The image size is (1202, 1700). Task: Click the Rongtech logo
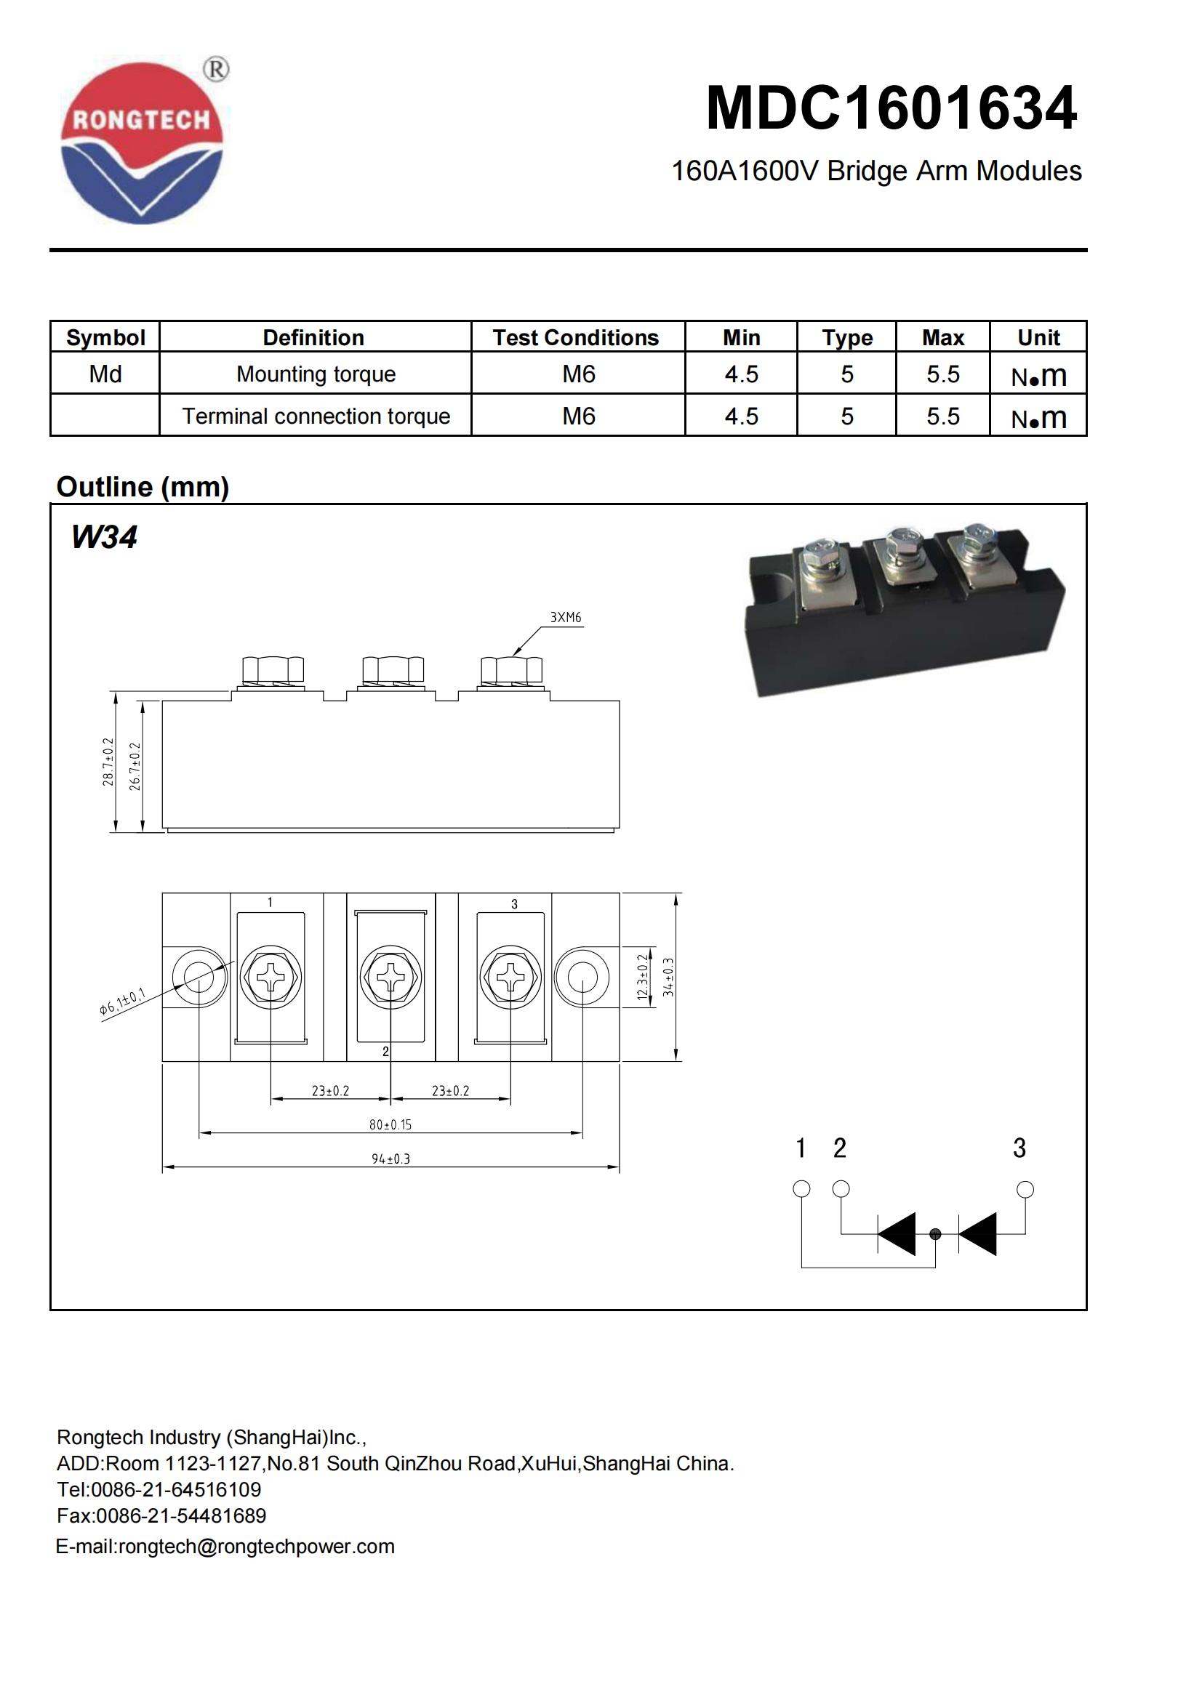point(142,143)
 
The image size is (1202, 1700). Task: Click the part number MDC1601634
point(891,109)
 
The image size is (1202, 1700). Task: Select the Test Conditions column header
point(575,338)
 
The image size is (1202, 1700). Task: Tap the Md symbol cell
point(105,374)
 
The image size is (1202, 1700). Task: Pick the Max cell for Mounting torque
point(943,374)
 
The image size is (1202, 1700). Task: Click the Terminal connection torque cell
point(316,416)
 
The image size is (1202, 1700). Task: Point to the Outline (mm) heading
point(143,486)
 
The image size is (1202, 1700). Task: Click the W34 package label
point(104,537)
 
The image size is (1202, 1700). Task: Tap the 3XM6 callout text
point(565,618)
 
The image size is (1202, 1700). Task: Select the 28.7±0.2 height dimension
point(109,761)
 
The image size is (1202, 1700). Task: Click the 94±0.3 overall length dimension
point(390,1159)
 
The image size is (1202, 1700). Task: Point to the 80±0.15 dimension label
point(390,1124)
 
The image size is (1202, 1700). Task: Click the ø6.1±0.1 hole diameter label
point(122,1001)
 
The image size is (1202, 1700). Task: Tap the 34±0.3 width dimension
point(669,977)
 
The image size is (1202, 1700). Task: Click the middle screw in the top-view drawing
point(390,978)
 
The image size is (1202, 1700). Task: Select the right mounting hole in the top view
point(582,978)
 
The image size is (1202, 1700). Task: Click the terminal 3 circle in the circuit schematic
point(1025,1190)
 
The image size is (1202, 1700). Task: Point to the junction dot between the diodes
point(935,1234)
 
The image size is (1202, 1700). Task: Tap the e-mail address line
point(225,1547)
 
